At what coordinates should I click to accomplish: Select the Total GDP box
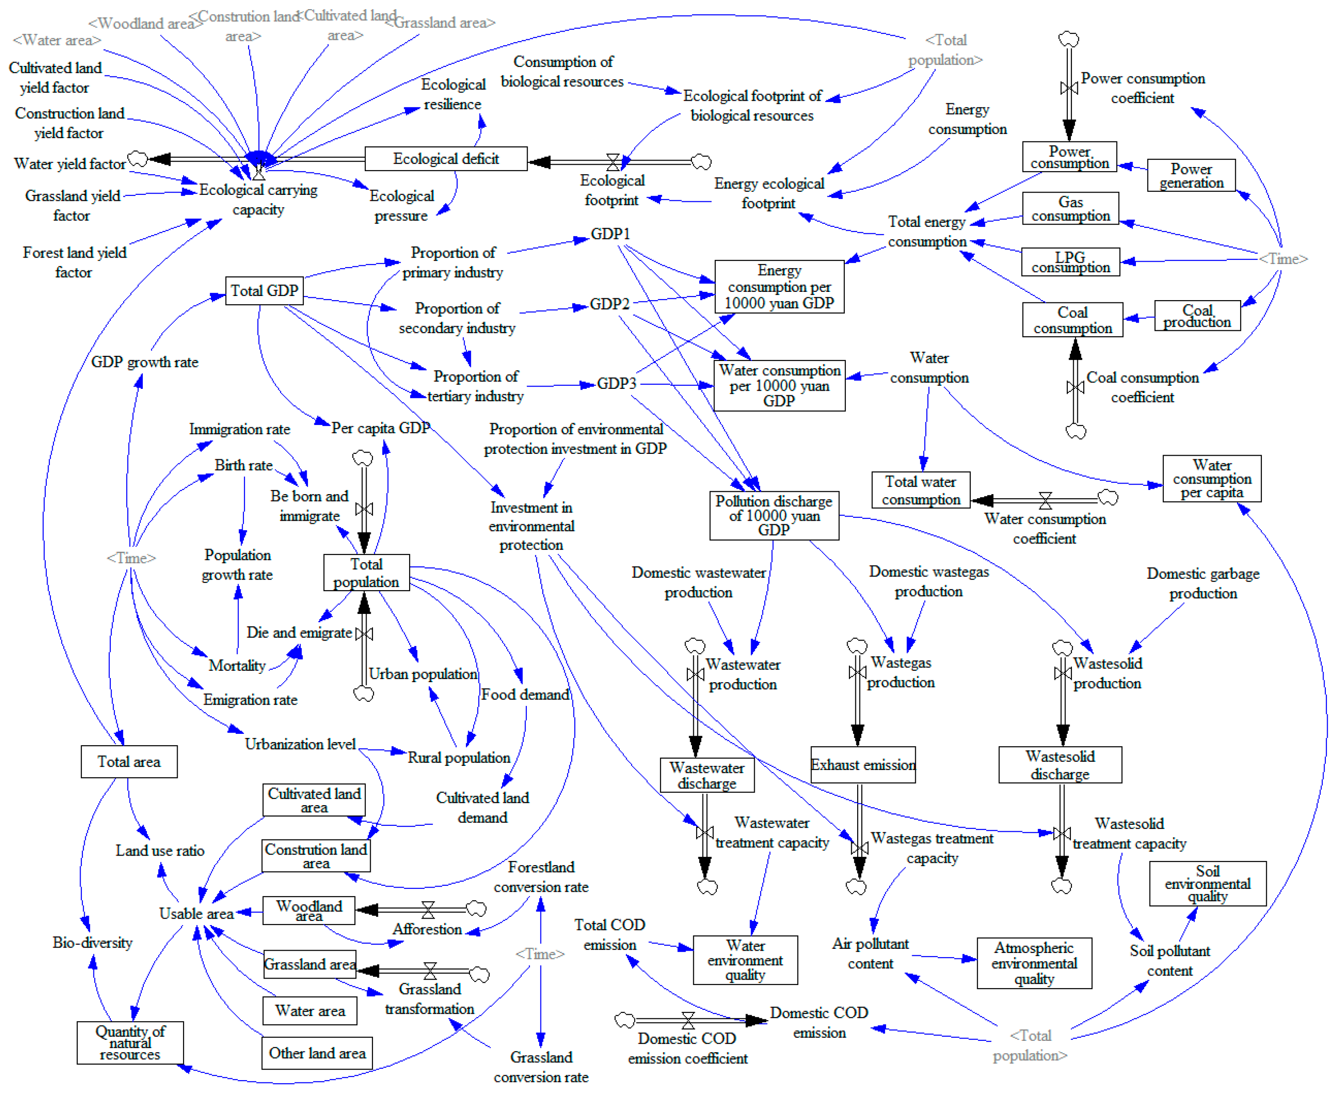click(264, 291)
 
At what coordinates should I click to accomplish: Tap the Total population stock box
click(366, 572)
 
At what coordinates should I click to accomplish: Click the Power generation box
click(1191, 175)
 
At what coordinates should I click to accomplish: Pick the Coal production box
click(1196, 316)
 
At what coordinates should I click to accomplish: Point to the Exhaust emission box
click(862, 764)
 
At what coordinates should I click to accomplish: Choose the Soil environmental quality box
click(1207, 883)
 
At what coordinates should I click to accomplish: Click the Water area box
click(309, 1011)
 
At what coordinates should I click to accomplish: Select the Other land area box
click(316, 1053)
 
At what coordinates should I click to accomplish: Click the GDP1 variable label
click(610, 234)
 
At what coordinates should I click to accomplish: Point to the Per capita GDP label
click(380, 428)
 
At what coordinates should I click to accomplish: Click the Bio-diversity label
click(92, 942)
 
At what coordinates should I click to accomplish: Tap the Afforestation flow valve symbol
click(428, 910)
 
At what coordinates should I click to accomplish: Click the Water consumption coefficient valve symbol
click(1045, 501)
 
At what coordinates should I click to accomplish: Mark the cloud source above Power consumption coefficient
click(1069, 39)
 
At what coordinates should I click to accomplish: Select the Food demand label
click(524, 694)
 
